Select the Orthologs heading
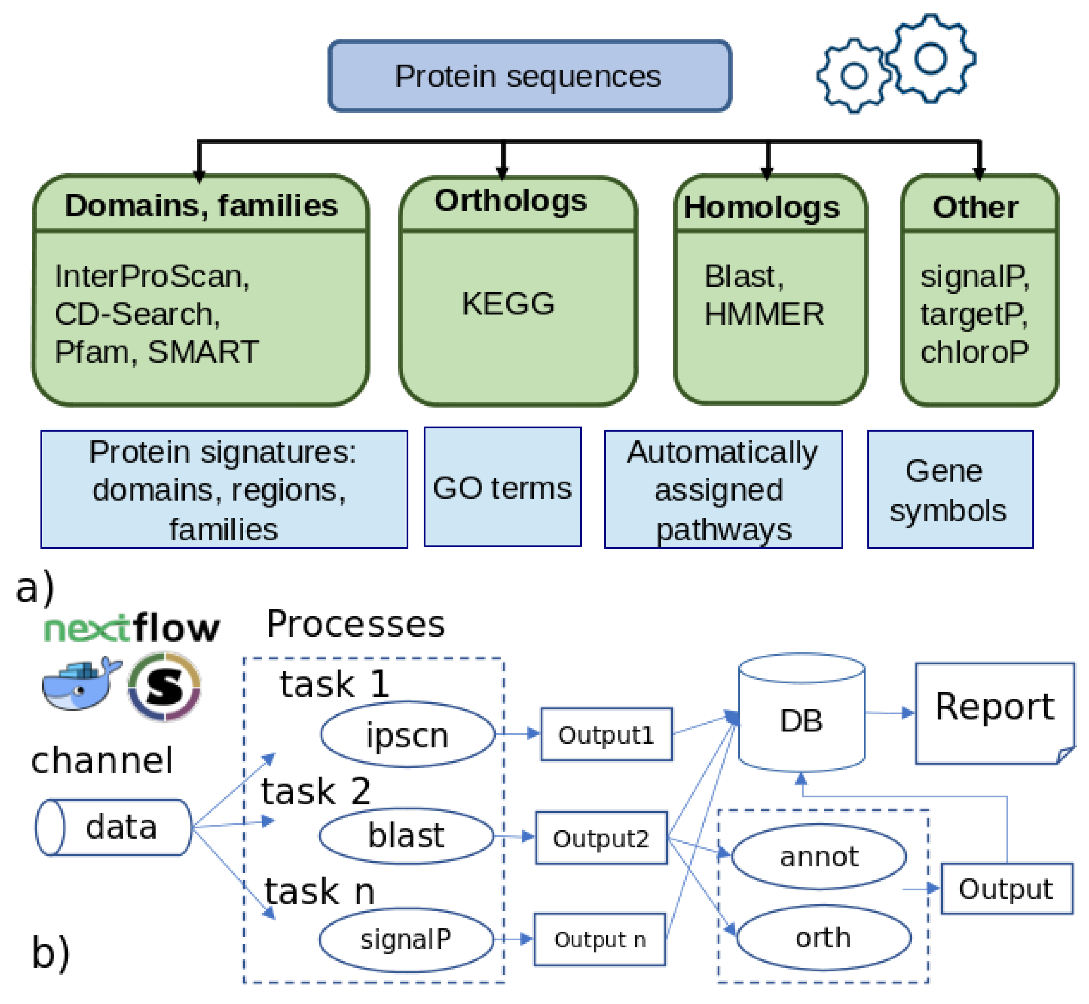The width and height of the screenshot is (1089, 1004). tap(511, 201)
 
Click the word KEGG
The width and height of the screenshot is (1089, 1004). tap(508, 303)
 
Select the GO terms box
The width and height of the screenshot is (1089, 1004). tap(502, 487)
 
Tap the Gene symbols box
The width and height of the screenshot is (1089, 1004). tap(950, 490)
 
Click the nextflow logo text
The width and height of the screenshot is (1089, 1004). tap(132, 629)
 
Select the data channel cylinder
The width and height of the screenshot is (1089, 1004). tap(114, 827)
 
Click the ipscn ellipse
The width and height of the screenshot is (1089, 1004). tap(407, 735)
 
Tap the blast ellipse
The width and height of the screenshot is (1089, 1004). tap(406, 835)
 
